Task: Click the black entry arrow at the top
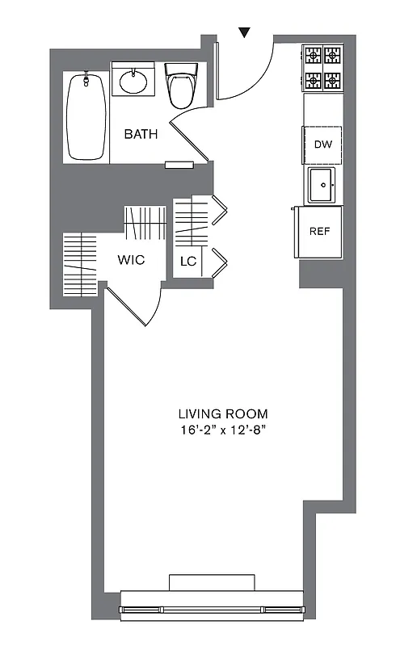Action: pyautogui.click(x=245, y=31)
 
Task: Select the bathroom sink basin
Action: pyautogui.click(x=133, y=82)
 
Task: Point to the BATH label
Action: pyautogui.click(x=141, y=135)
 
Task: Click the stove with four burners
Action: pyautogui.click(x=322, y=69)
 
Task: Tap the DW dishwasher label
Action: pyautogui.click(x=322, y=145)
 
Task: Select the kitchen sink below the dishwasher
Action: pyautogui.click(x=322, y=186)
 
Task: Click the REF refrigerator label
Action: pyautogui.click(x=321, y=231)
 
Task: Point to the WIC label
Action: pyautogui.click(x=131, y=261)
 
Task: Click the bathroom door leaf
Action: pyautogui.click(x=191, y=134)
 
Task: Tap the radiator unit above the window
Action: pyautogui.click(x=212, y=583)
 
